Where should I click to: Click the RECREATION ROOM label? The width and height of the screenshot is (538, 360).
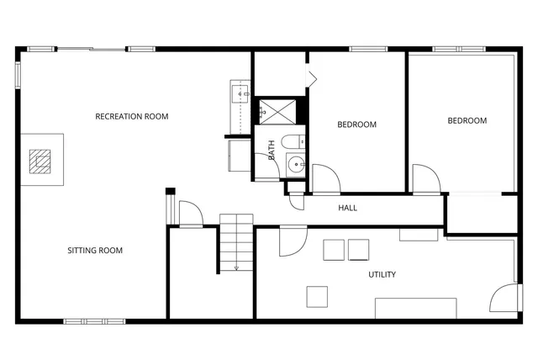pos(131,116)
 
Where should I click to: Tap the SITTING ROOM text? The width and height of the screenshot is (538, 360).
pos(95,250)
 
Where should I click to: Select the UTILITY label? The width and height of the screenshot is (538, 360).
pos(382,274)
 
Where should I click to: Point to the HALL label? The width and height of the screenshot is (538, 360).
pos(348,207)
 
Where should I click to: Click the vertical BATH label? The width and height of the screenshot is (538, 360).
pos(272,150)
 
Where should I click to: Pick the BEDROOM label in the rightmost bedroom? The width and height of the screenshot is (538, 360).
pos(467,120)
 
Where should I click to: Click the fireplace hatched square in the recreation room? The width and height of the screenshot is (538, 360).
pos(41,160)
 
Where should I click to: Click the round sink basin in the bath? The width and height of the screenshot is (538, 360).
pos(295,165)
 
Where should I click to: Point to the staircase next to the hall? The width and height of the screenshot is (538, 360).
pos(236,242)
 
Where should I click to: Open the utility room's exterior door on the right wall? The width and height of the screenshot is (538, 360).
pos(507,299)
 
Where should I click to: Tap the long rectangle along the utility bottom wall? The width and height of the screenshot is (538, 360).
pos(415,308)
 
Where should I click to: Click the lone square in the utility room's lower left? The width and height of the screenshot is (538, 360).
pos(317,296)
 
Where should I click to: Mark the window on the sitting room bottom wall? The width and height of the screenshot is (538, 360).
pos(87,320)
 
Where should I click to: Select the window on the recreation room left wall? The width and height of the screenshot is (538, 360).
pos(18,73)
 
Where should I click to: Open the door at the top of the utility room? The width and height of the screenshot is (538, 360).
pos(292,241)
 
